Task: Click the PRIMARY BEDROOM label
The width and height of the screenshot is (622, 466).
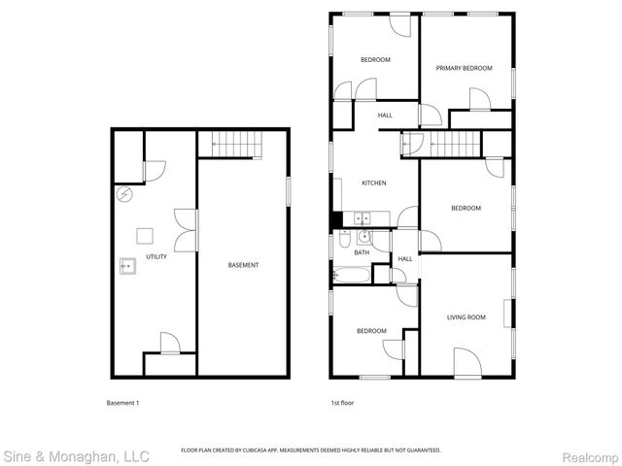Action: pos(464,68)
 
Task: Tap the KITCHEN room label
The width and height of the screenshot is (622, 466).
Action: pos(374,183)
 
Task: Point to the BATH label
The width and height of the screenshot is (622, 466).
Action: pos(362,253)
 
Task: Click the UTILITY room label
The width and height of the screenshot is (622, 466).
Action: pos(155,257)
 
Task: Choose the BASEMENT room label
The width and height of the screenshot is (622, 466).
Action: pos(243,265)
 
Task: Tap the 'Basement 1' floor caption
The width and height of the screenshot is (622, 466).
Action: pos(122,403)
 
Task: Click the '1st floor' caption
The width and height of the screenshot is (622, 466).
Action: pos(341,403)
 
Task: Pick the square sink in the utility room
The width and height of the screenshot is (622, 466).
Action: pos(127,263)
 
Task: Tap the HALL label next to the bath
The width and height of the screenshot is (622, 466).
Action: pos(404,259)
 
